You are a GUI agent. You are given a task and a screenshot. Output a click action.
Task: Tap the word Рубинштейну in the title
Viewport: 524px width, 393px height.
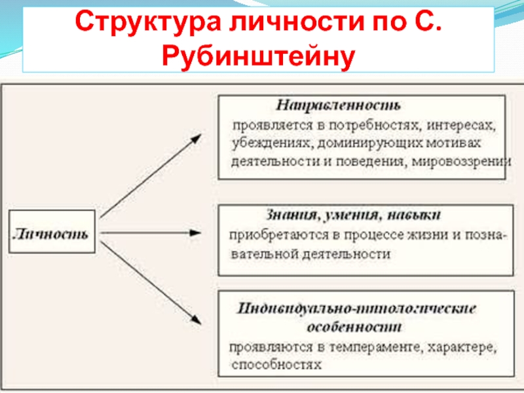pyautogui.click(x=258, y=56)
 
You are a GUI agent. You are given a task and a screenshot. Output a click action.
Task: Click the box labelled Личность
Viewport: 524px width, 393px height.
pyautogui.click(x=52, y=233)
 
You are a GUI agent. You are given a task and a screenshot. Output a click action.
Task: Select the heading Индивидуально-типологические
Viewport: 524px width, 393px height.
pyautogui.click(x=356, y=309)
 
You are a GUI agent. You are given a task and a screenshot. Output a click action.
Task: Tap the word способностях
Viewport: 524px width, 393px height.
pyautogui.click(x=276, y=364)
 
